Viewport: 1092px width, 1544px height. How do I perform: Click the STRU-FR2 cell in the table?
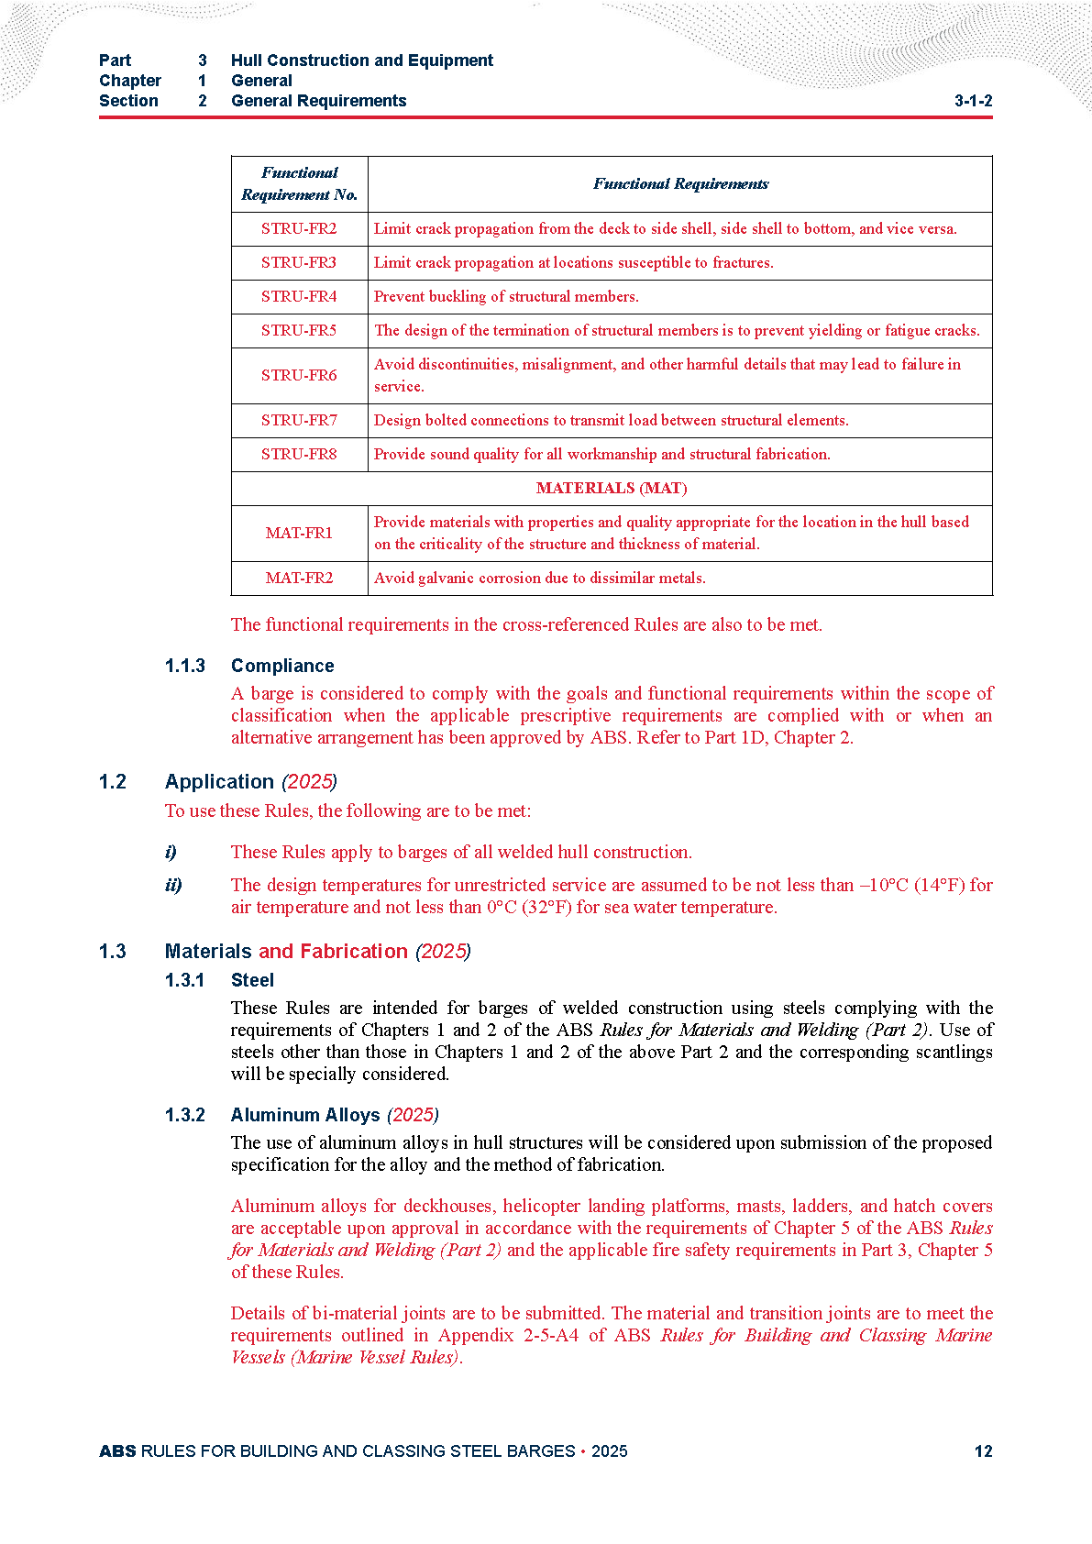299,229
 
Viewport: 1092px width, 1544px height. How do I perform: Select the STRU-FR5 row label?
299,331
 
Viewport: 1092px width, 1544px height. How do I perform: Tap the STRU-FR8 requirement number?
299,455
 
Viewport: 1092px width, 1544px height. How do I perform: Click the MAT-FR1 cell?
299,534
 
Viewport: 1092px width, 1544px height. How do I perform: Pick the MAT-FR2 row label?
299,579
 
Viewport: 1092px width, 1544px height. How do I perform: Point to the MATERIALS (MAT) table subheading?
612,489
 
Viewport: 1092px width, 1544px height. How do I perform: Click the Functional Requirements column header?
680,184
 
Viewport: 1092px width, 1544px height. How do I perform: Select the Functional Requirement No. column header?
300,184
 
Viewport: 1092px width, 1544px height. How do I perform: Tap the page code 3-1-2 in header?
973,101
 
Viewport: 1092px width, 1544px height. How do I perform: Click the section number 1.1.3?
185,666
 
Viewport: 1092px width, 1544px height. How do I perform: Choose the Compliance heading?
282,666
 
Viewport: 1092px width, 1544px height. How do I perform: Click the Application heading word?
219,782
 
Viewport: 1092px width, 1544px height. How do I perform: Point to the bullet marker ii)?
173,885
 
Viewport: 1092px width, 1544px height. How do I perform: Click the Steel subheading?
252,980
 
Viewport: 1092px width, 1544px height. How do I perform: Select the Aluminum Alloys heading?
305,1115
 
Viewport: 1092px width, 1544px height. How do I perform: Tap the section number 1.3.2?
185,1115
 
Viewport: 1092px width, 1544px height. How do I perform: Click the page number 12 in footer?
983,1451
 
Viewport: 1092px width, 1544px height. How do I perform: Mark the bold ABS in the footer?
117,1451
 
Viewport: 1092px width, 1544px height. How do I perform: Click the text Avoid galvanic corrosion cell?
540,579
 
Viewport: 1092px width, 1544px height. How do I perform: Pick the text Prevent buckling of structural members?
506,297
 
